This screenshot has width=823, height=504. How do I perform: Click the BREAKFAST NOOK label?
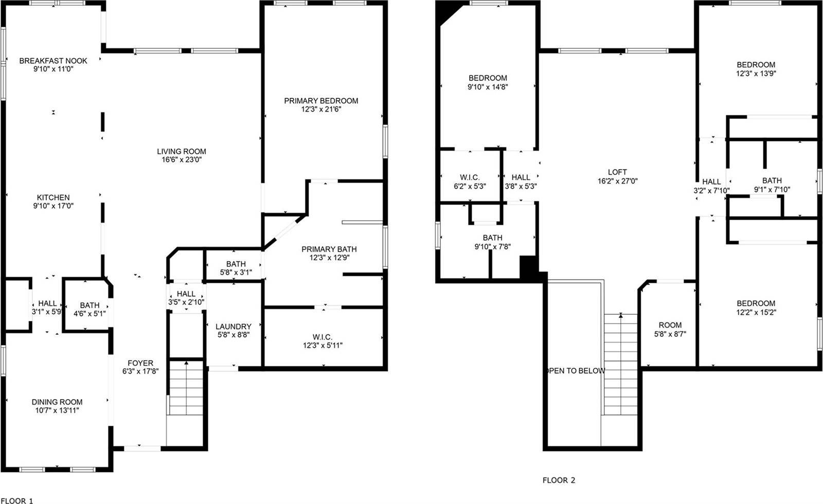point(53,61)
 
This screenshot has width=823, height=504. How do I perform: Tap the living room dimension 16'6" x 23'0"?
point(182,160)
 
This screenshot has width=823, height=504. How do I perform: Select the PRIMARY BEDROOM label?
point(321,101)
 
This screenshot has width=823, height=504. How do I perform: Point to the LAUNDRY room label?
point(233,327)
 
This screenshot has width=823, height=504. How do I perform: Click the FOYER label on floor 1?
point(140,363)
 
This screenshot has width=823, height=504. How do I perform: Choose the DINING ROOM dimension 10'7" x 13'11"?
point(57,410)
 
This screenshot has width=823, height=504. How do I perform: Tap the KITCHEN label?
point(53,197)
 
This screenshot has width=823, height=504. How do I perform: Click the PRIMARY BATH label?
point(329,249)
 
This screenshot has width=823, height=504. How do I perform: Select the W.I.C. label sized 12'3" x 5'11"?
point(323,337)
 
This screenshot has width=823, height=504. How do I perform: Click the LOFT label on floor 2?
point(617,172)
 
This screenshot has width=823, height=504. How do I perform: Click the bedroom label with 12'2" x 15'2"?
point(756,303)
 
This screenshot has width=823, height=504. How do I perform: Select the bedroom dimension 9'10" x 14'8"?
point(488,87)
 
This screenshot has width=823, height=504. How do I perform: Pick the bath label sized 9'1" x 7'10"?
point(772,181)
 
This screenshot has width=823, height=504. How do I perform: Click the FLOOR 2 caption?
point(559,480)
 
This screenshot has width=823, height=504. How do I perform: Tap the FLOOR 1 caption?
point(16,500)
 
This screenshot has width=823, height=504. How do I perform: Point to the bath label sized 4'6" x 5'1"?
point(90,305)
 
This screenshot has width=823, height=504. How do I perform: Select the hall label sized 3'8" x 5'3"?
point(521,177)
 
